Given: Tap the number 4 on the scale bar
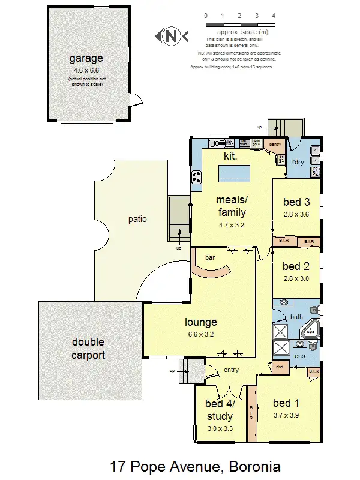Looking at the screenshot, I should [274, 16].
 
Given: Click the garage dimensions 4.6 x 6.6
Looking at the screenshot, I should [86, 71].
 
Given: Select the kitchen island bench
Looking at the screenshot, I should [235, 174].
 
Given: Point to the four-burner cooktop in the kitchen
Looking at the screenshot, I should [196, 177].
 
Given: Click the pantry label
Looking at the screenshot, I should [275, 145].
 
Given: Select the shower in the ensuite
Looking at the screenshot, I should [281, 348].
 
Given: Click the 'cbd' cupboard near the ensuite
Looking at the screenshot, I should [280, 367].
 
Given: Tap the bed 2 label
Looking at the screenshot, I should [295, 266].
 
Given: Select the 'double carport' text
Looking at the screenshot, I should [88, 348].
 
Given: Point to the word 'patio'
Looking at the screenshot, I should [138, 219].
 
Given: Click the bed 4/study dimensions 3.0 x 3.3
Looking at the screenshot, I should [220, 428].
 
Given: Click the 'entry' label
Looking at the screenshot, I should [231, 370].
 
